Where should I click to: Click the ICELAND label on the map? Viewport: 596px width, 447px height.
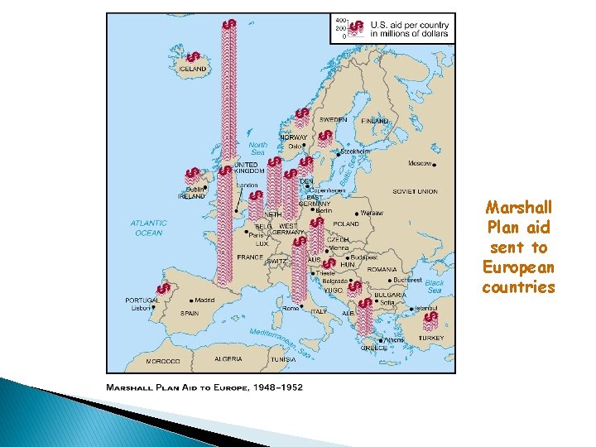pos(193,69)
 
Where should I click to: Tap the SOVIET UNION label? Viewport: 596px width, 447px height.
pos(416,191)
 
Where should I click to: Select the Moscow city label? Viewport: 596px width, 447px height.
pos(420,163)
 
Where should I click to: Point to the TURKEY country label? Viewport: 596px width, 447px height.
pos(430,338)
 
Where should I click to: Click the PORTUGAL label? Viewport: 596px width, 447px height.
pos(142,300)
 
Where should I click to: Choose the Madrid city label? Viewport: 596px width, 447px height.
pos(204,300)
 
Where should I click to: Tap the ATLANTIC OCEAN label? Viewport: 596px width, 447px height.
pos(148,228)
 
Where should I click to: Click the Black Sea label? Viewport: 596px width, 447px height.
pos(435,286)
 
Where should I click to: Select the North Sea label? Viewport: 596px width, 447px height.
pos(257,147)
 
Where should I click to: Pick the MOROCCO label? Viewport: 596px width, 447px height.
pos(163,362)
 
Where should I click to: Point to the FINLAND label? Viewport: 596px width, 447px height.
pos(374,121)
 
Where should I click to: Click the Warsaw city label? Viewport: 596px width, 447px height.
pos(372,213)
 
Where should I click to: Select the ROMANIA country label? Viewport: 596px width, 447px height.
pos(382,269)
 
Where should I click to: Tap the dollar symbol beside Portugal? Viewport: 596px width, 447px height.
pos(164,288)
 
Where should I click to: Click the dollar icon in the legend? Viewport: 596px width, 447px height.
pos(356,28)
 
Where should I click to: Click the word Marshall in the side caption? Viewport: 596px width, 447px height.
pos(519,207)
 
